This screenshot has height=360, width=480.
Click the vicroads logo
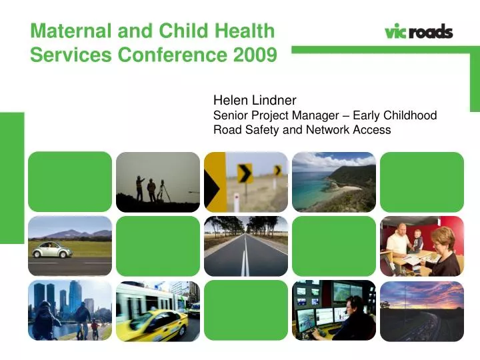(419, 31)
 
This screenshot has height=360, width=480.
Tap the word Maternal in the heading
(71, 31)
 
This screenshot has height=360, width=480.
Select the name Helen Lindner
(255, 100)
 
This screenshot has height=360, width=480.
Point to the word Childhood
(410, 115)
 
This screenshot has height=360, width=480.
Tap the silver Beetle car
(53, 250)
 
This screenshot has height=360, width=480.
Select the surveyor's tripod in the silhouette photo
(163, 191)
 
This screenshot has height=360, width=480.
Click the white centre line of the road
(245, 255)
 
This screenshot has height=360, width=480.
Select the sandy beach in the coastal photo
(343, 188)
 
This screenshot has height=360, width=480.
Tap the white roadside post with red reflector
(236, 202)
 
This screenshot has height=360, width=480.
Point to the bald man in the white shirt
(397, 243)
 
